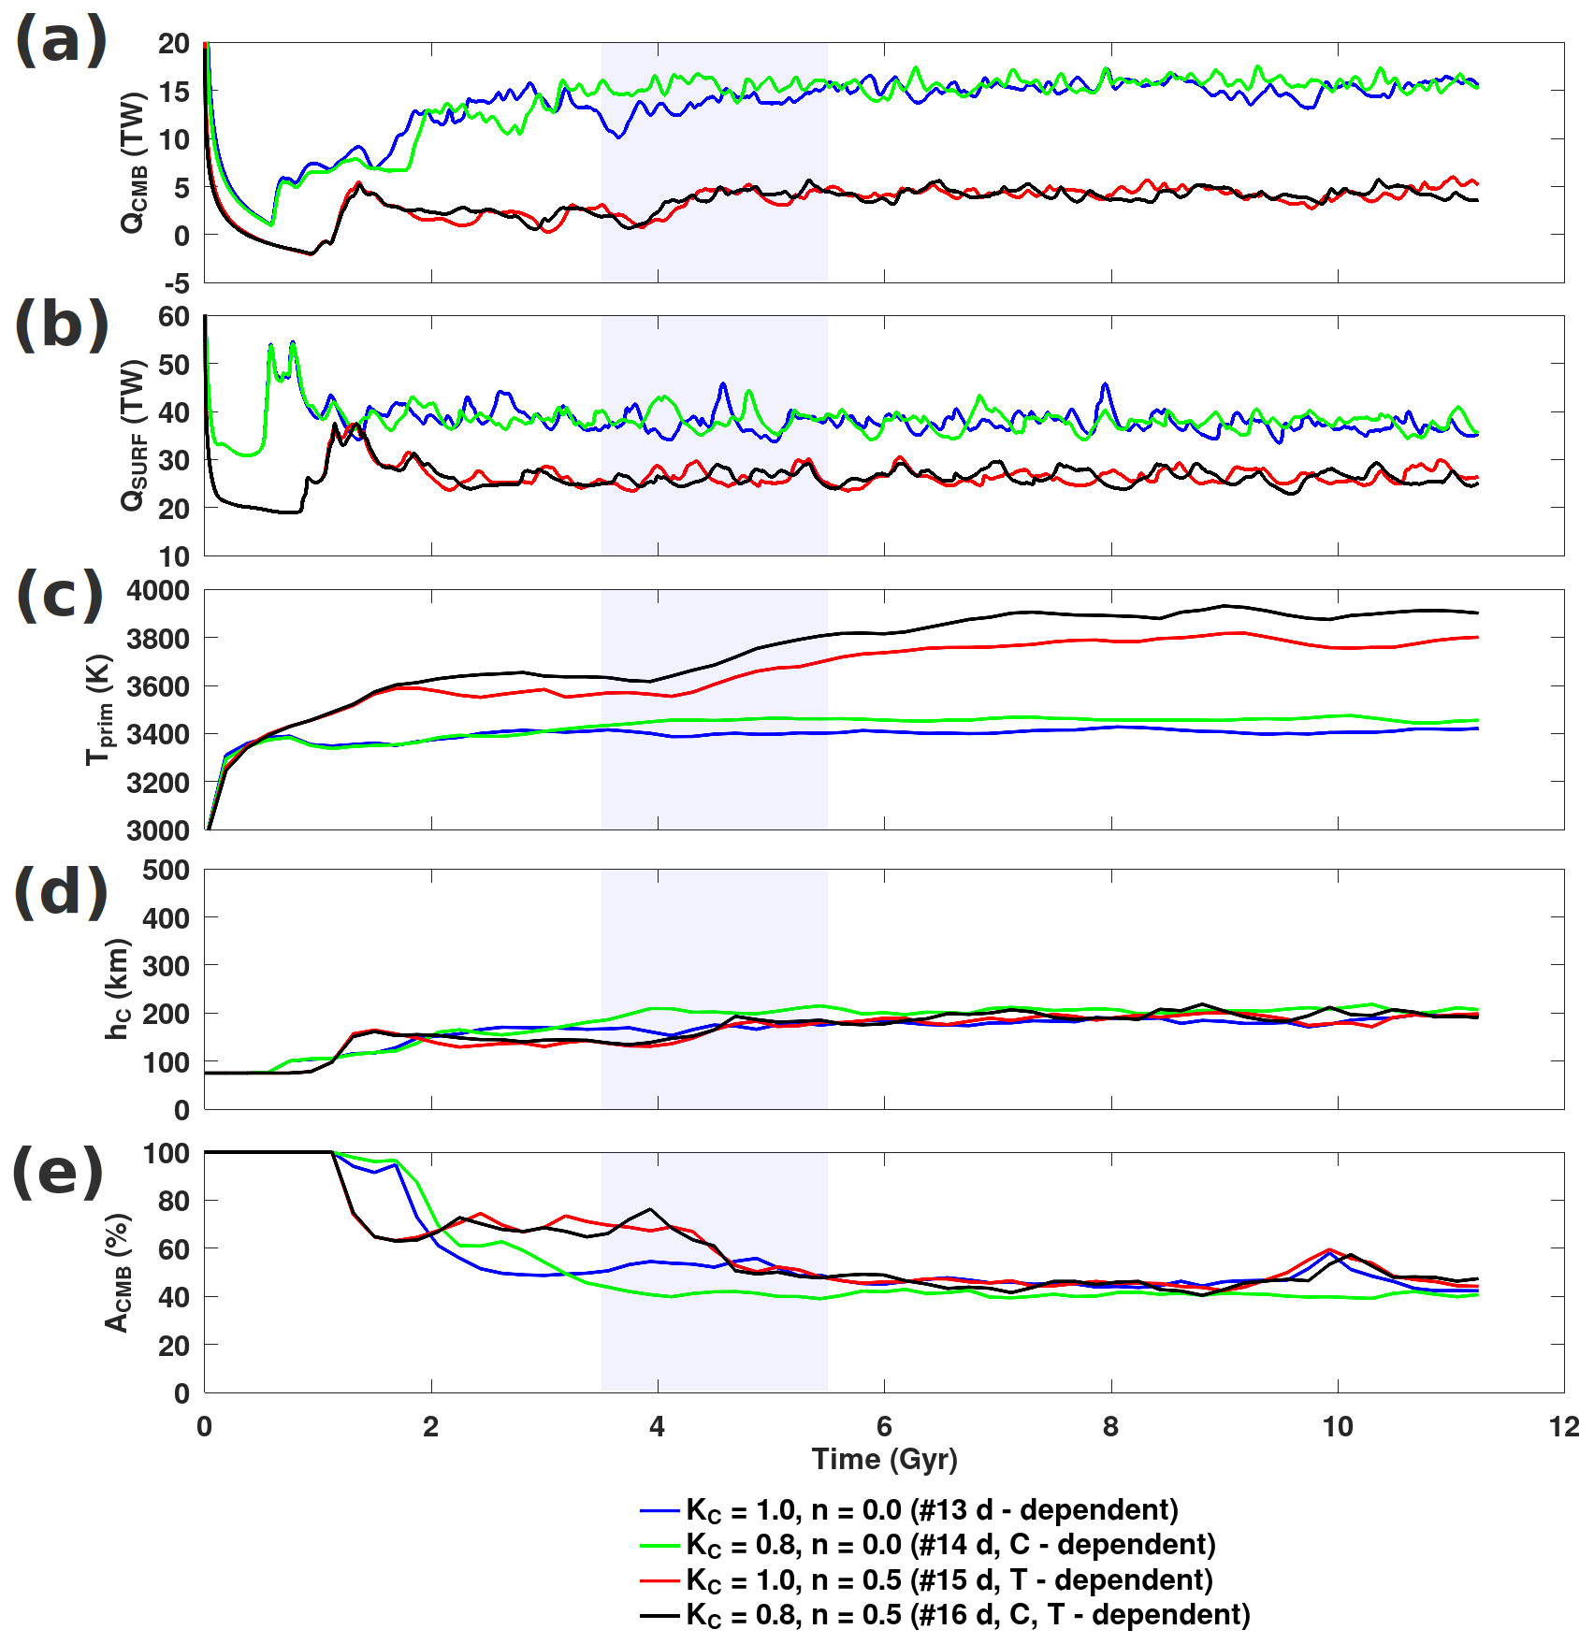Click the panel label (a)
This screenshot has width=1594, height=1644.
click(x=61, y=42)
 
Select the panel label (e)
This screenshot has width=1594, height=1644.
click(x=58, y=1173)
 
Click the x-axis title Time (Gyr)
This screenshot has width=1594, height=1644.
click(x=884, y=1460)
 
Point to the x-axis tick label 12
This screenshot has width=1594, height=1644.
click(x=1563, y=1427)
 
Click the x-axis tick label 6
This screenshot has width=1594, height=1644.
click(x=884, y=1427)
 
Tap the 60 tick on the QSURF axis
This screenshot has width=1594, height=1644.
click(x=173, y=317)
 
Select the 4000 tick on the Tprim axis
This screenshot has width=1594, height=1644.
click(x=158, y=591)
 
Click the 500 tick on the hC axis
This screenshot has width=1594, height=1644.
click(x=166, y=871)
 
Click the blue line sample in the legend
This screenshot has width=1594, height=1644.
click(x=659, y=1510)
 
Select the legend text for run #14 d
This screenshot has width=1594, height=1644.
click(x=950, y=1545)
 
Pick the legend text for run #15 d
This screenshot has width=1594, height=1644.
click(x=949, y=1580)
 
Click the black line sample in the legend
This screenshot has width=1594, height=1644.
click(x=659, y=1615)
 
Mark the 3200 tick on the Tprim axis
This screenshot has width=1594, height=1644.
click(x=158, y=783)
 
